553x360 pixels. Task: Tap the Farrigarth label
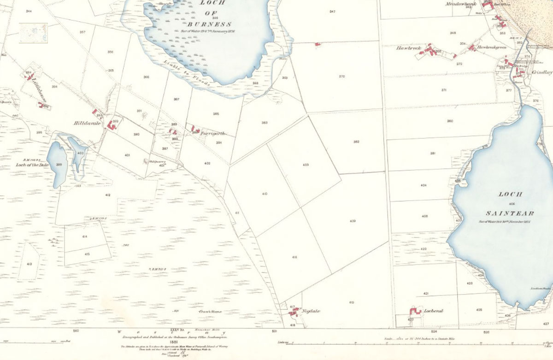click(x=213, y=133)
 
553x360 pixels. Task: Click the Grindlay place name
click(x=541, y=72)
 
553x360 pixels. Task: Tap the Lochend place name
click(x=433, y=311)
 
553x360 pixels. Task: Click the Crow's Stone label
click(x=210, y=312)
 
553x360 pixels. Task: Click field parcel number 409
click(x=353, y=221)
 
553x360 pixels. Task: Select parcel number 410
click(x=264, y=194)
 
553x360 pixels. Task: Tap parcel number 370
click(x=341, y=77)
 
